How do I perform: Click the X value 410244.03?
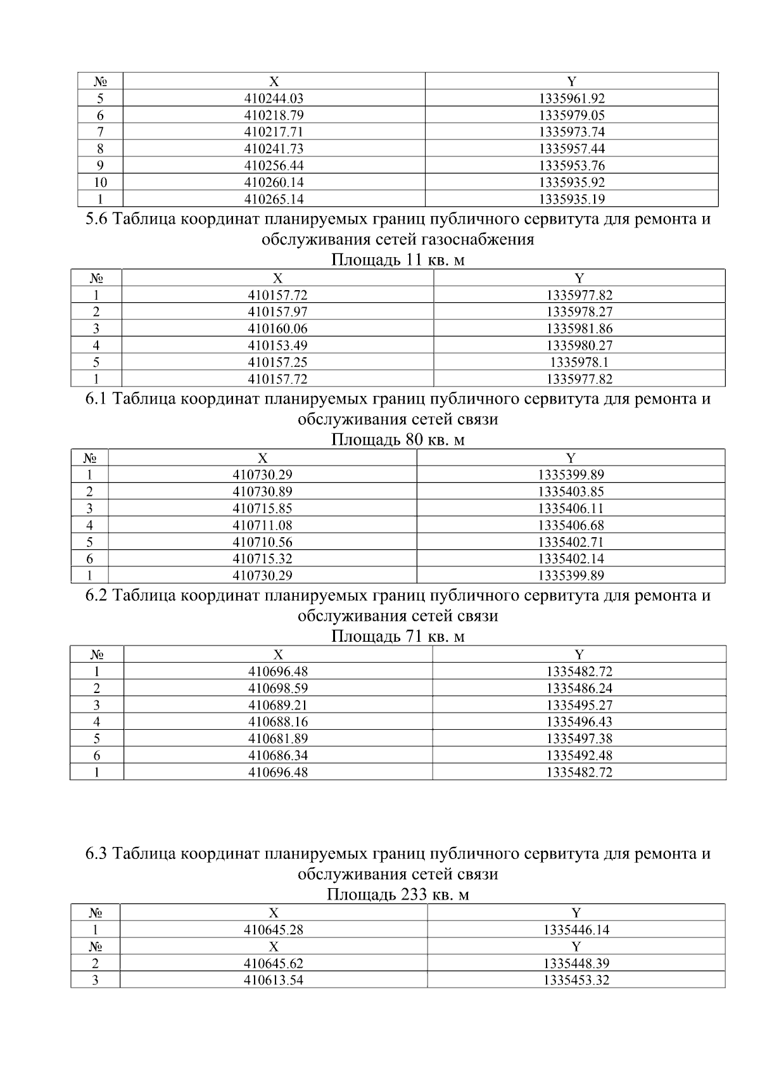(x=274, y=98)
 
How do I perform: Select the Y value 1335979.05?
(x=571, y=115)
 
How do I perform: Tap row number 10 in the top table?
(x=100, y=182)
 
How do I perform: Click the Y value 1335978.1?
(x=579, y=362)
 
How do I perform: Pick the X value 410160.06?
(x=277, y=329)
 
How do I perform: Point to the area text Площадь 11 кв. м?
(x=398, y=260)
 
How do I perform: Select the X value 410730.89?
(x=262, y=492)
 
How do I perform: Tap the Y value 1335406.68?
(x=571, y=525)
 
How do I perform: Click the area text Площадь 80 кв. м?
(x=398, y=440)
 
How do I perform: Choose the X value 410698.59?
(x=277, y=689)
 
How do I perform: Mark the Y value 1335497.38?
(x=579, y=739)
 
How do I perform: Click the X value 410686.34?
(x=277, y=756)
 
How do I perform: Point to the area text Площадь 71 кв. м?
(x=398, y=636)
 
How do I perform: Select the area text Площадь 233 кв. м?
(x=398, y=894)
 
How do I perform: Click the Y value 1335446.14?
(x=576, y=930)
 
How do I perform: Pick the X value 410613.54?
(x=274, y=981)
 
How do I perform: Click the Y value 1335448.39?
(x=576, y=964)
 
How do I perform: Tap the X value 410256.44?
(x=274, y=165)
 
